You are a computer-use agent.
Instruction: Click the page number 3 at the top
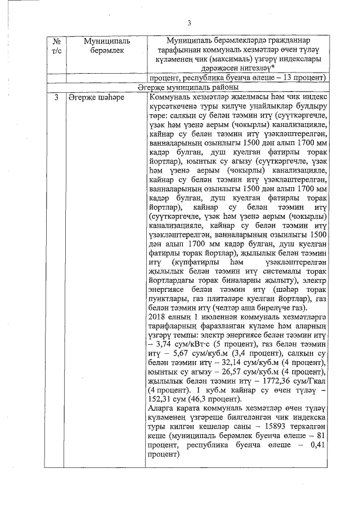190,23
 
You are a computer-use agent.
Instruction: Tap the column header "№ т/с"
56,46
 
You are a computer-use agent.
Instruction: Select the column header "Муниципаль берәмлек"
107,46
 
